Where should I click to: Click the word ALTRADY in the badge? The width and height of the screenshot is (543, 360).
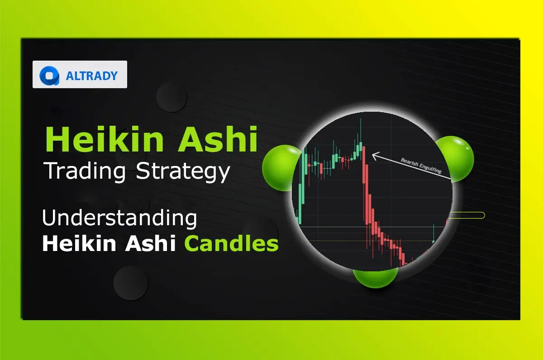(x=92, y=75)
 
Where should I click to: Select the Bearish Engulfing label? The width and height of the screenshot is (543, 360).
(x=421, y=166)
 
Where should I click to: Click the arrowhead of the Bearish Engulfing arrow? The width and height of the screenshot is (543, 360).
(x=374, y=156)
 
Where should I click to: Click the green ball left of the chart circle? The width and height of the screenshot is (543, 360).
(x=277, y=168)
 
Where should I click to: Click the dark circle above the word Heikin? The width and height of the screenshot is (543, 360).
(x=172, y=97)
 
